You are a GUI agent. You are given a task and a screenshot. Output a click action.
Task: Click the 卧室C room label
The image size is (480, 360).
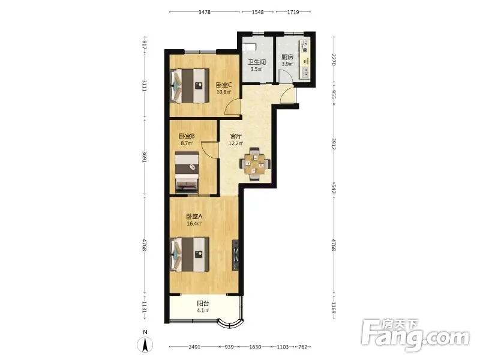pos(224,85)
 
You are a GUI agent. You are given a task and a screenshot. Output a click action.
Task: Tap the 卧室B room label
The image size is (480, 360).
pos(187,136)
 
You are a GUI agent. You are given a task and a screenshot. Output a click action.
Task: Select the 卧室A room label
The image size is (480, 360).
pos(194,217)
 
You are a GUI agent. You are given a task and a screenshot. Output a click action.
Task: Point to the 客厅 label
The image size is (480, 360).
pos(236,136)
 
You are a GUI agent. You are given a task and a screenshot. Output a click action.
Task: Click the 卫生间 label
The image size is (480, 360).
pos(257,62)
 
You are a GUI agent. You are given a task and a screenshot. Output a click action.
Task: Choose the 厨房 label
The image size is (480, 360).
pos(287,57)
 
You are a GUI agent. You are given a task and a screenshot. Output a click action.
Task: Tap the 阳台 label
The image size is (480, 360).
pos(203,304)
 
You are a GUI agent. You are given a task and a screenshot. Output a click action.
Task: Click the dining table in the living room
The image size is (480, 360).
pos(255,164)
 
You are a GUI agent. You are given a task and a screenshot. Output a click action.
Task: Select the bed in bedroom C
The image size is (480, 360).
pos(190,85)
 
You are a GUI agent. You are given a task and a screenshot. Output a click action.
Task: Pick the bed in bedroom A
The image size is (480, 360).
pos(190,254)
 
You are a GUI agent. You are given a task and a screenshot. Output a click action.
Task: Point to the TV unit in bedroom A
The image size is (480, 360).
pos(235,255)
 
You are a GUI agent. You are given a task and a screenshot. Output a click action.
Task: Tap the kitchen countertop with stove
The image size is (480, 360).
pos(305,59)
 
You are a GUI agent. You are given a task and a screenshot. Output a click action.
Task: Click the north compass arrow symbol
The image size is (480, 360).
pos(145,344)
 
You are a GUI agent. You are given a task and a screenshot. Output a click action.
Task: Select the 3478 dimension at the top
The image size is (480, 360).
pos(205,12)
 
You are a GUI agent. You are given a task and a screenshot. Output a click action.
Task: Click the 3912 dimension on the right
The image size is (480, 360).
pos(334,144)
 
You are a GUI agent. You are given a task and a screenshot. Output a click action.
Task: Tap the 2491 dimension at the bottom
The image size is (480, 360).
pos(194,347)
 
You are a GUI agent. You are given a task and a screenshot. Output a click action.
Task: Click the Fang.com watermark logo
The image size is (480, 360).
pos(415,335)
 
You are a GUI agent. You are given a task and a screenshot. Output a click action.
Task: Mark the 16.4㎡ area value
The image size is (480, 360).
pos(194,223)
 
